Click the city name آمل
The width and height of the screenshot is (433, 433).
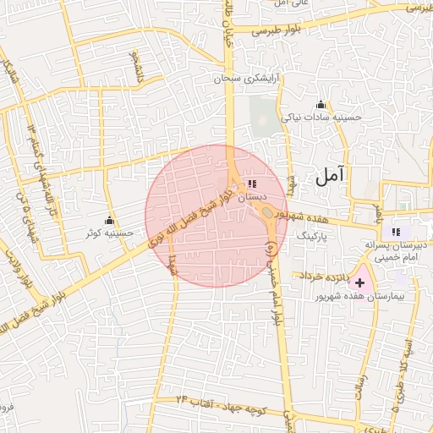point(329,176)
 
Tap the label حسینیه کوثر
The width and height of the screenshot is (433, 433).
point(109,232)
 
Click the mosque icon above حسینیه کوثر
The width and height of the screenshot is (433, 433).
point(109,221)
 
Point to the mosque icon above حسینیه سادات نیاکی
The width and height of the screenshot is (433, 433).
point(321,105)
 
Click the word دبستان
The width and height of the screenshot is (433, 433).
point(252,196)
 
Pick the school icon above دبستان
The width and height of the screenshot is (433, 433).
point(252,184)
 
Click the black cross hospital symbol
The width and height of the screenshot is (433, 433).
point(361,282)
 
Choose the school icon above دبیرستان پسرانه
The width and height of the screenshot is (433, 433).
point(395,232)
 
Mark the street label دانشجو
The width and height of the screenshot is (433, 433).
point(136,68)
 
